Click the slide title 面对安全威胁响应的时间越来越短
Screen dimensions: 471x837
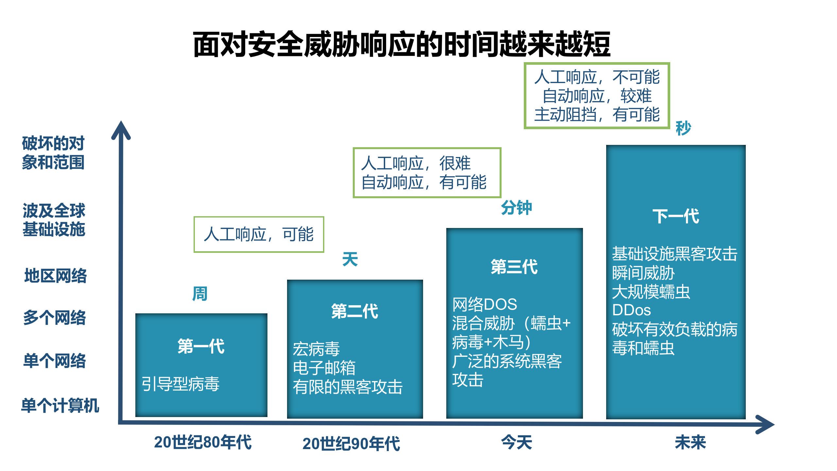401,44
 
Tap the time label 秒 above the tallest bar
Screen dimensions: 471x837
683,128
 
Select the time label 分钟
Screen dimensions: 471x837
516,208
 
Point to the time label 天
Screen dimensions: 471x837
350,259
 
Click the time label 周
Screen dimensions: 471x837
199,293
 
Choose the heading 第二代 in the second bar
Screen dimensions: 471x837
354,311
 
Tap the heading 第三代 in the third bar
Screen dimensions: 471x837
514,267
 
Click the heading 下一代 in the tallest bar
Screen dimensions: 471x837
675,216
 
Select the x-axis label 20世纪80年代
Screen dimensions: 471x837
203,442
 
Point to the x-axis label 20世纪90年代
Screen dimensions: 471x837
351,444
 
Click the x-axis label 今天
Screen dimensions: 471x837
516,442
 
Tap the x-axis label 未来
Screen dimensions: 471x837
690,442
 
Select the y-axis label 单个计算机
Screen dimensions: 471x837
60,406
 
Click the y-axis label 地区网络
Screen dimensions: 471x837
56,275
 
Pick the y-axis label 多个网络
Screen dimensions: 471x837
55,318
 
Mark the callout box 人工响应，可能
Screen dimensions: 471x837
259,234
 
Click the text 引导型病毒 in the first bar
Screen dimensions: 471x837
180,384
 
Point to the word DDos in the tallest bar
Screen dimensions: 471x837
631,310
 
